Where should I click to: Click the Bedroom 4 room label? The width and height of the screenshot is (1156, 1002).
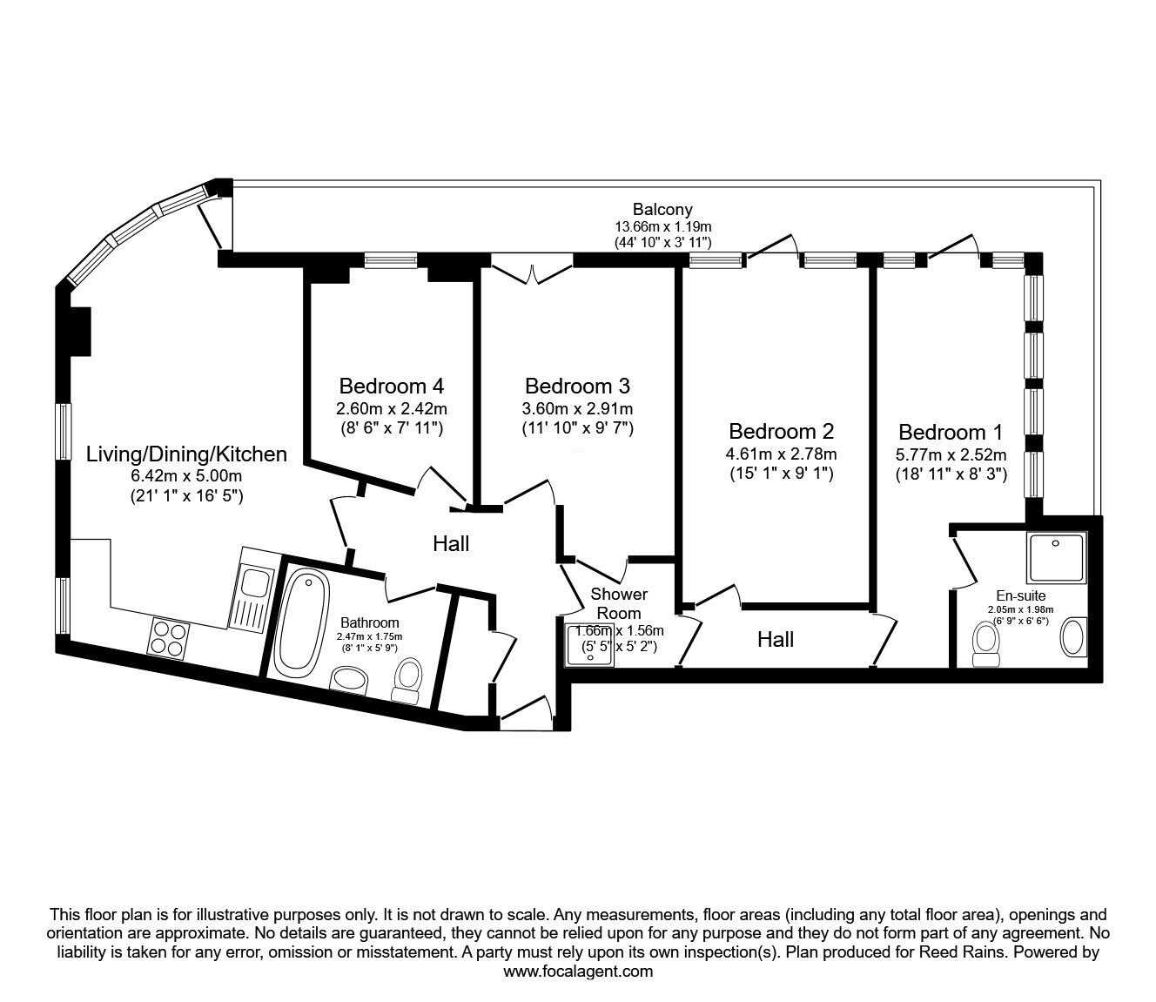pos(392,386)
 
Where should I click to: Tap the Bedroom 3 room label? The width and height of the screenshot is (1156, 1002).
pos(577,386)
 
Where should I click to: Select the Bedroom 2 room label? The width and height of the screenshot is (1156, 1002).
pos(781,431)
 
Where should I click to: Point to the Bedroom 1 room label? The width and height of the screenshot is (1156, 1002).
pos(951,432)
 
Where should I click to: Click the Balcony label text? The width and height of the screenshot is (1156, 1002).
pos(662,209)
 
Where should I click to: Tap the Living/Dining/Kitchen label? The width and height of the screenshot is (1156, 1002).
pos(186,454)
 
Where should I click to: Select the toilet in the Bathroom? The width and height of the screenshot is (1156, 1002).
pos(407,680)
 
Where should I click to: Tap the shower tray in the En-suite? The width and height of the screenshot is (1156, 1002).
pos(1057,558)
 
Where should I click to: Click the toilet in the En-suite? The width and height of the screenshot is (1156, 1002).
pos(985,642)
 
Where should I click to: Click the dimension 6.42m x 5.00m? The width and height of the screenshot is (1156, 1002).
pos(186,476)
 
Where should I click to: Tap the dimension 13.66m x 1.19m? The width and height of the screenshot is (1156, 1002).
pos(662,226)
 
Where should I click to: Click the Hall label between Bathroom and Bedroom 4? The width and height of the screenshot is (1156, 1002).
pos(451,544)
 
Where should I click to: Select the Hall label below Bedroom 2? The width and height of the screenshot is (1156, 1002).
pos(775,640)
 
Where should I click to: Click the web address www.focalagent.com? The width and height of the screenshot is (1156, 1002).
pos(578,972)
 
